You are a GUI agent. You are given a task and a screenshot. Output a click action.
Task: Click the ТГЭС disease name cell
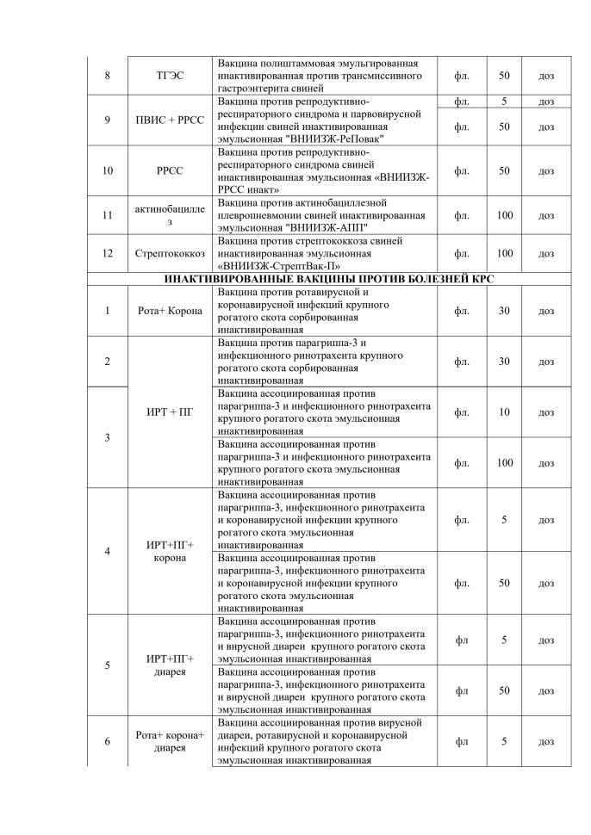169,77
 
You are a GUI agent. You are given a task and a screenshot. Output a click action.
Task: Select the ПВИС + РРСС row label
169,120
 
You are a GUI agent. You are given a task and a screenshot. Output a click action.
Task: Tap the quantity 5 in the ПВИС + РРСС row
504,102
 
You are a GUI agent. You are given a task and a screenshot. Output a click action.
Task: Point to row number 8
107,77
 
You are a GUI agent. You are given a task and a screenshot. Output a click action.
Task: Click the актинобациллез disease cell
169,215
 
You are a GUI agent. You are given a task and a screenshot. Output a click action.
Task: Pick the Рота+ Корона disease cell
169,311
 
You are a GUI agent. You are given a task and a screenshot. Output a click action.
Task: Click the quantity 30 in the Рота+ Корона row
504,311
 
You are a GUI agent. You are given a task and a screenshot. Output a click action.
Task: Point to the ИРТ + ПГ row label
169,412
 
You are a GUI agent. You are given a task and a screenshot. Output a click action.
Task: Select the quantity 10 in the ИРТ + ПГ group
504,412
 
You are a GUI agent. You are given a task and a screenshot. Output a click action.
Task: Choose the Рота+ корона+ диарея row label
169,741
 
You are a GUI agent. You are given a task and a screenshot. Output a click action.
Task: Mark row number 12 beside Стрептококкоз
107,254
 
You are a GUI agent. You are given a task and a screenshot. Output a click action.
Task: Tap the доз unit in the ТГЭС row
546,77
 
